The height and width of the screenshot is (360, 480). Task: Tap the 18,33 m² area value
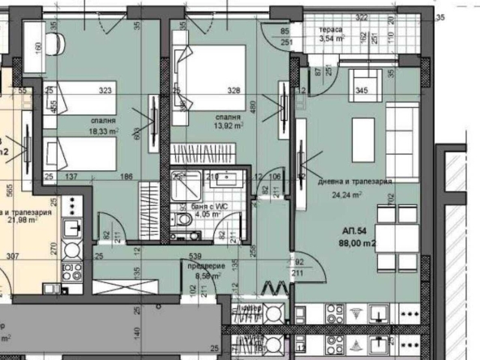point(105,129)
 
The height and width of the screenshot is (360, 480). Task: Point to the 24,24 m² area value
point(346,195)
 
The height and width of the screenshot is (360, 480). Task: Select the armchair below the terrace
point(360,84)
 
